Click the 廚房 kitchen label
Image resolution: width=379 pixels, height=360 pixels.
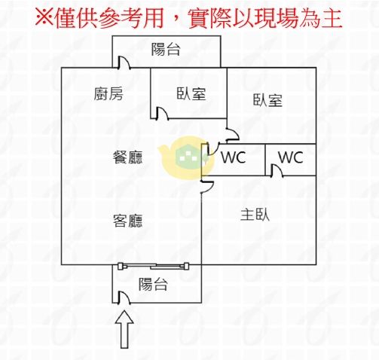[109, 93]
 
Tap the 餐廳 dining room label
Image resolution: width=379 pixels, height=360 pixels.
[127, 157]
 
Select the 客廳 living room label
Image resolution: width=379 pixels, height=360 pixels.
[127, 221]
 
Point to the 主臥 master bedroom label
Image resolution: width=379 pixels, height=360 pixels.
[255, 215]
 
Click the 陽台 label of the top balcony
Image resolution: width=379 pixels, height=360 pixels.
[166, 49]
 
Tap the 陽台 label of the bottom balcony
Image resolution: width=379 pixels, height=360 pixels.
[153, 284]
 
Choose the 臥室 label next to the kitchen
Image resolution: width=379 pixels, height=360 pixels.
[191, 93]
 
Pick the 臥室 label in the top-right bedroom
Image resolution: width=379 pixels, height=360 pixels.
[267, 100]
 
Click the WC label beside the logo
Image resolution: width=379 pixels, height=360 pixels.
[234, 157]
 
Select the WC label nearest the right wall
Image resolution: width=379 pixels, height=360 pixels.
[291, 157]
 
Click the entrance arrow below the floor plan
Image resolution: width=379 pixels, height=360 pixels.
[124, 329]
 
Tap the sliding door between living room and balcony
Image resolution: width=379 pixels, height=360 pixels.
[154, 266]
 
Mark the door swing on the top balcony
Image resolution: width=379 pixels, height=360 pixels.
[124, 63]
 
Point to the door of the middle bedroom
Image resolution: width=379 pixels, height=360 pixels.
[162, 114]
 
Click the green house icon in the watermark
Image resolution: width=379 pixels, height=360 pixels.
[191, 156]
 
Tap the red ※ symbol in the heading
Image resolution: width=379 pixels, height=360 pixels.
[44, 18]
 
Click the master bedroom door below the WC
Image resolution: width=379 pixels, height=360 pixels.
[207, 187]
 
